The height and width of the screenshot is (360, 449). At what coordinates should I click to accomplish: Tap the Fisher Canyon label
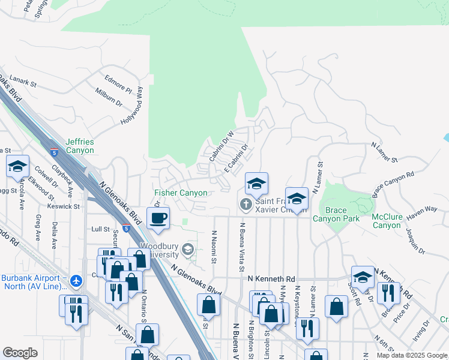click(181, 193)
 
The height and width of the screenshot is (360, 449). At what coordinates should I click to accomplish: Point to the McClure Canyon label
click(386, 221)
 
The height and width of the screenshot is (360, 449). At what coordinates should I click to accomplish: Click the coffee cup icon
click(158, 218)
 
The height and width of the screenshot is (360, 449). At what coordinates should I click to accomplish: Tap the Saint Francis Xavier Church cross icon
click(245, 205)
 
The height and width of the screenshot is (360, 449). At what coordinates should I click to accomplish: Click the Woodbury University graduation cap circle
click(188, 250)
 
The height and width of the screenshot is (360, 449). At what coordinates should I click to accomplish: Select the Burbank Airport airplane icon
click(76, 280)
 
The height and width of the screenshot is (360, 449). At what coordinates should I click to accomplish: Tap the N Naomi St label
click(214, 247)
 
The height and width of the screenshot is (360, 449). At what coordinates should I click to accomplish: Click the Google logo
click(20, 353)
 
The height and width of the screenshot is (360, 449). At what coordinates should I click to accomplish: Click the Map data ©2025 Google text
click(411, 355)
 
